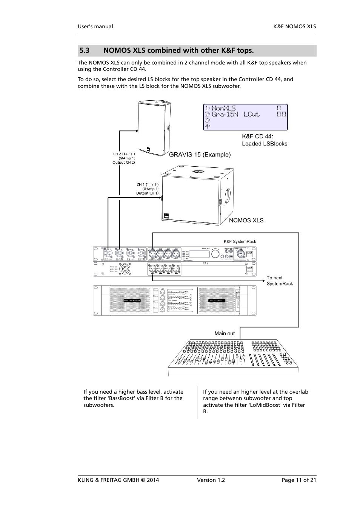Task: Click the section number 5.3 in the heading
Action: tap(84, 51)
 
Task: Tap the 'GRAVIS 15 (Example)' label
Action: tap(200, 155)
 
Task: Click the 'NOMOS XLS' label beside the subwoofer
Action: tap(246, 221)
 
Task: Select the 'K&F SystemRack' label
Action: tap(240, 241)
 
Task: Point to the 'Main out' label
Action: tap(225, 333)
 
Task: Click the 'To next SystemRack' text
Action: tap(280, 281)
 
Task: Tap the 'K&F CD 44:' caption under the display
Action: tap(258, 136)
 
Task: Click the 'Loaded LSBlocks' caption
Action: tap(265, 144)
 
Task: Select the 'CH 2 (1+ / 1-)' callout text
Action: tap(124, 154)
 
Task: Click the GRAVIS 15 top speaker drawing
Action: tap(154, 130)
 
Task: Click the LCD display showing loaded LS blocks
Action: tap(245, 117)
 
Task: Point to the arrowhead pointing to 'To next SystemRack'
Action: tap(264, 281)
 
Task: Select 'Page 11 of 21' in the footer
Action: tap(299, 480)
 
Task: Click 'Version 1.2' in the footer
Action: tap(211, 480)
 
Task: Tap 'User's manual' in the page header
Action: tap(95, 26)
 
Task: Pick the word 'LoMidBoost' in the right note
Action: tap(265, 405)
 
